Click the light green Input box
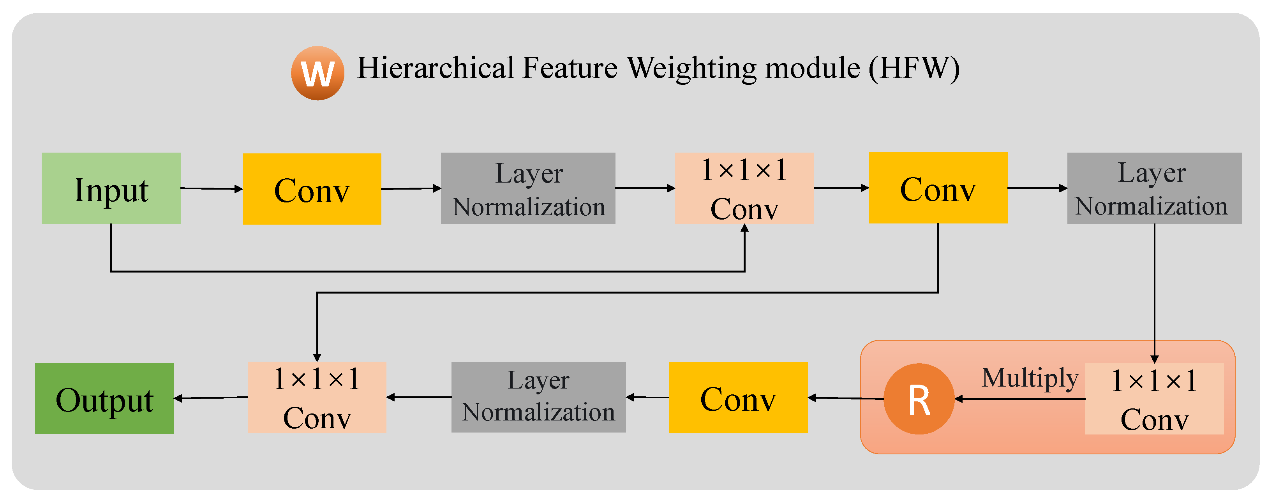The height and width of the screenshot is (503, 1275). click(x=111, y=188)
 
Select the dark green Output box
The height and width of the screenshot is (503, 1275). click(x=104, y=398)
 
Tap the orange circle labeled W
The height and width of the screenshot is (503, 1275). click(x=317, y=73)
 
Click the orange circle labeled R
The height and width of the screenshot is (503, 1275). click(x=919, y=399)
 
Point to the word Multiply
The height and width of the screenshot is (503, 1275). click(x=1030, y=378)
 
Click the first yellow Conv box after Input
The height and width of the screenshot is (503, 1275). click(x=312, y=189)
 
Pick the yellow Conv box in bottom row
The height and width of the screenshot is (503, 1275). click(x=738, y=397)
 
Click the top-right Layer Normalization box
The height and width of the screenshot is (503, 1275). click(x=1154, y=188)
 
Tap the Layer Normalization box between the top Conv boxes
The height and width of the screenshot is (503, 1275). click(x=528, y=188)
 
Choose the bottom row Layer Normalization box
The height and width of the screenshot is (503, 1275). click(x=538, y=397)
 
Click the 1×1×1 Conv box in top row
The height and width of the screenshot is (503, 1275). click(x=744, y=188)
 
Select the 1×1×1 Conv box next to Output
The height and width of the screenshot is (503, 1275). click(x=317, y=397)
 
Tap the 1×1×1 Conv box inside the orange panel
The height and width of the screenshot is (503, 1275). click(x=1154, y=399)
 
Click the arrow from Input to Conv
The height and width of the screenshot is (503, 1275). click(x=212, y=188)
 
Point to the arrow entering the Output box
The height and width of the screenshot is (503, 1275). click(x=210, y=397)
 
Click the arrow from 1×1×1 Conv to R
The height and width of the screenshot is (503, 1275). click(x=1019, y=399)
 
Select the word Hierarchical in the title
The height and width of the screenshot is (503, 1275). click(x=436, y=68)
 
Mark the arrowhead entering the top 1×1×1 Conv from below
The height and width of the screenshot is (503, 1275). click(x=744, y=229)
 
